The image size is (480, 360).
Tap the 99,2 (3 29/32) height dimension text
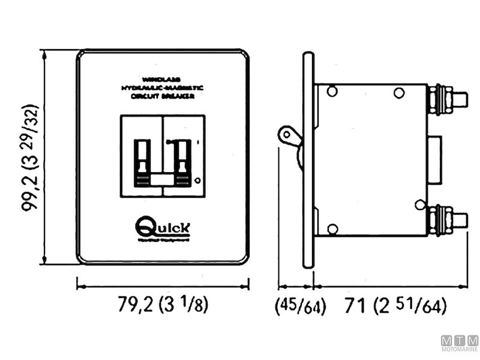coord(30,158)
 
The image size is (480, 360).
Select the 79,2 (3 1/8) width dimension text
coord(163,305)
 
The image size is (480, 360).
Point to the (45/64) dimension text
coord(300,307)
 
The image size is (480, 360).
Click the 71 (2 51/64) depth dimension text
coord(396,307)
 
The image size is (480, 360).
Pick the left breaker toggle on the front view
coord(143,162)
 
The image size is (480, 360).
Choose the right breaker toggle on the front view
coord(183,162)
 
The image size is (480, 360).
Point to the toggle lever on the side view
coord(288,135)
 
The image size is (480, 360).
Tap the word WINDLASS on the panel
coord(162,79)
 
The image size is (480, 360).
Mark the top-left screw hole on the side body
coord(332,92)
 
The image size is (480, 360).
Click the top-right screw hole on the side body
coord(398,92)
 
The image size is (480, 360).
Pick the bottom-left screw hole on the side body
coord(332,228)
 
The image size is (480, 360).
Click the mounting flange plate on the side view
coord(308,159)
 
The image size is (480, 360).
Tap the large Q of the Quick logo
coord(145,227)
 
